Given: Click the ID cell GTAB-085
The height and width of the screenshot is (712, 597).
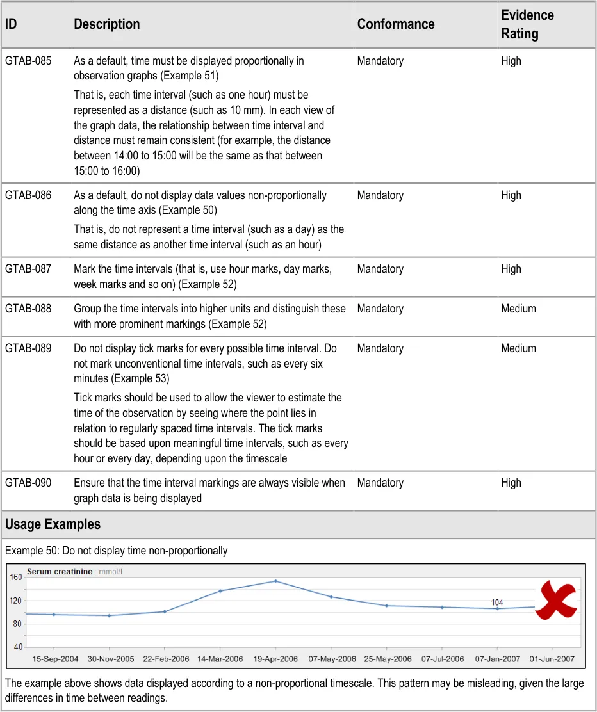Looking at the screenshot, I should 28,61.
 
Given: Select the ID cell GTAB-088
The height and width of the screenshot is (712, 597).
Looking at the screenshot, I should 28,309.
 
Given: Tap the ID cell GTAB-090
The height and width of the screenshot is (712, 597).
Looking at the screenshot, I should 28,483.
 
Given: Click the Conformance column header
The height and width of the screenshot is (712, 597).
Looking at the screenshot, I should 396,24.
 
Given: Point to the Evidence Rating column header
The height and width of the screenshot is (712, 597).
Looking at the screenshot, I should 527,24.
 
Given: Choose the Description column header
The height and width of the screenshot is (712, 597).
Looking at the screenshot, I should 106,24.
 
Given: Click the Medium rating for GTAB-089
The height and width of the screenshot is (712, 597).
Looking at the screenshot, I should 518,348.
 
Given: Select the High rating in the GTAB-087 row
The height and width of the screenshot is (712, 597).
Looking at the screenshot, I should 511,269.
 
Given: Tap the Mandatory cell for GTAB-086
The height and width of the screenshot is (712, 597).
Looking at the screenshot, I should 380,195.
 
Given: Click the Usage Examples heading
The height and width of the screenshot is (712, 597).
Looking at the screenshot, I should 53,524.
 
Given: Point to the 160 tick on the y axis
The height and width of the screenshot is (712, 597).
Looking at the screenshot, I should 16,577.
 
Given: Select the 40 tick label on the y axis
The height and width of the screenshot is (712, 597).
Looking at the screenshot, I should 18,647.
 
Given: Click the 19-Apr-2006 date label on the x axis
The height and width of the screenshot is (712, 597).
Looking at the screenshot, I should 275,659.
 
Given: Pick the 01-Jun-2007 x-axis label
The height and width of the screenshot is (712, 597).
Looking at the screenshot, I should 551,659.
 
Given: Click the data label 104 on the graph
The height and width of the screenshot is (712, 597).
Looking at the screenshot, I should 497,603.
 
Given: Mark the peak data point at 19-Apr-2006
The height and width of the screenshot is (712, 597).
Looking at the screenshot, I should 275,581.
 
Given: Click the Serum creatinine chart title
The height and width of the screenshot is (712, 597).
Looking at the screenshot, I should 60,572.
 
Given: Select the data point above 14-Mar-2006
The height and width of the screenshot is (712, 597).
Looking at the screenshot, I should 220,591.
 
